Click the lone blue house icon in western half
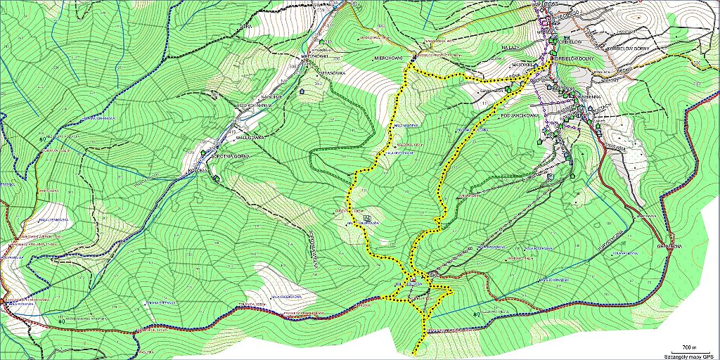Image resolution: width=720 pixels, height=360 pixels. click(303, 91)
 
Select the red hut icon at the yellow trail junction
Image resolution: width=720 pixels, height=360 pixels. click(413, 284)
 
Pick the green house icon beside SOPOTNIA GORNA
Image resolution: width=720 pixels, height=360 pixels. click(204, 152)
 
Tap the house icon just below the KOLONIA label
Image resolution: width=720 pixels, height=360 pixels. click(215, 179)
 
